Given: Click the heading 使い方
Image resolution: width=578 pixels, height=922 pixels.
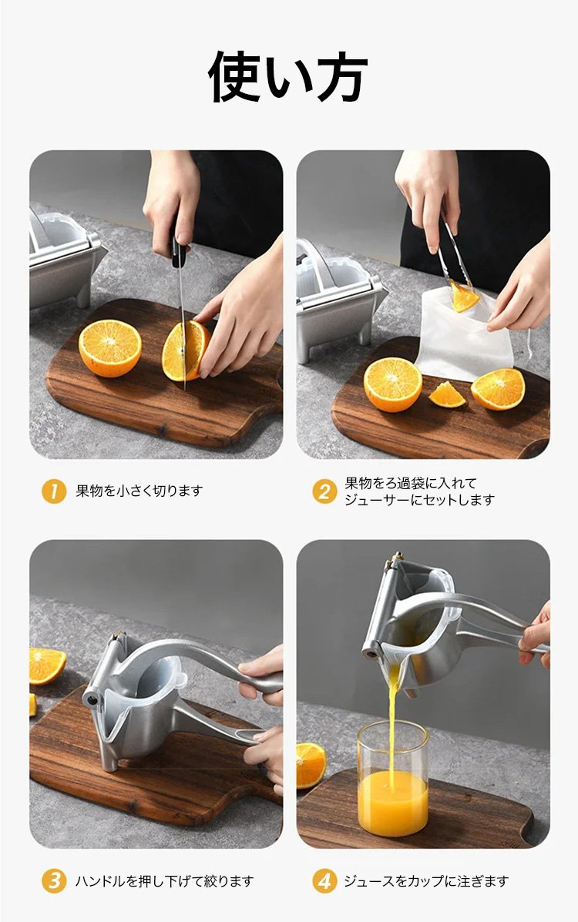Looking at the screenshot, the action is tap(287, 76).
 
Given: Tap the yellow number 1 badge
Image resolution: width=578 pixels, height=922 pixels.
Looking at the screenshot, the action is tap(54, 491).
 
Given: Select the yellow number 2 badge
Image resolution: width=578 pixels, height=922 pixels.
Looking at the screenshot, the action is tap(324, 491).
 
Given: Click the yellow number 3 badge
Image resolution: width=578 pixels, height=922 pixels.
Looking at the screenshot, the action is tap(54, 881).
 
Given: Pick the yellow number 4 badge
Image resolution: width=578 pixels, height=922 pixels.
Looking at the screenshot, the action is tap(324, 881).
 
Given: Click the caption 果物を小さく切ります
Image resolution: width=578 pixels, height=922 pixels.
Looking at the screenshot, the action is tap(139, 491).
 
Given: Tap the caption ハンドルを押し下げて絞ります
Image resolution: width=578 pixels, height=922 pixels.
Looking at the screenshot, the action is tap(165, 881).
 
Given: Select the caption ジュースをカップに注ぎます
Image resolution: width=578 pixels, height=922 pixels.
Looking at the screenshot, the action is tap(426, 881).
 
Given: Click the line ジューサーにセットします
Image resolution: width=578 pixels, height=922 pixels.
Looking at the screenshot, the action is tap(420, 500).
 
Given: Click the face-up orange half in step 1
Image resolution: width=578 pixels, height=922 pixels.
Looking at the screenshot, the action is tap(110, 348).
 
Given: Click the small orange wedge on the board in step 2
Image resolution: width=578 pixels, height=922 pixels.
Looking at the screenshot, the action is tap(447, 394).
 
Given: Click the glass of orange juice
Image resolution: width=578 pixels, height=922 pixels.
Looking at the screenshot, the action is tap(392, 777).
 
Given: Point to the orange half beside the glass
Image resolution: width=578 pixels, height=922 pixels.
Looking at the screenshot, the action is tap(310, 765).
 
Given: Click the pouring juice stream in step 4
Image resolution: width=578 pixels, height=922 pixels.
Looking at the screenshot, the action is tap(392, 723).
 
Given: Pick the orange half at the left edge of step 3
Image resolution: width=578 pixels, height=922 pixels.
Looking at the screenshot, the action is tap(46, 666).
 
